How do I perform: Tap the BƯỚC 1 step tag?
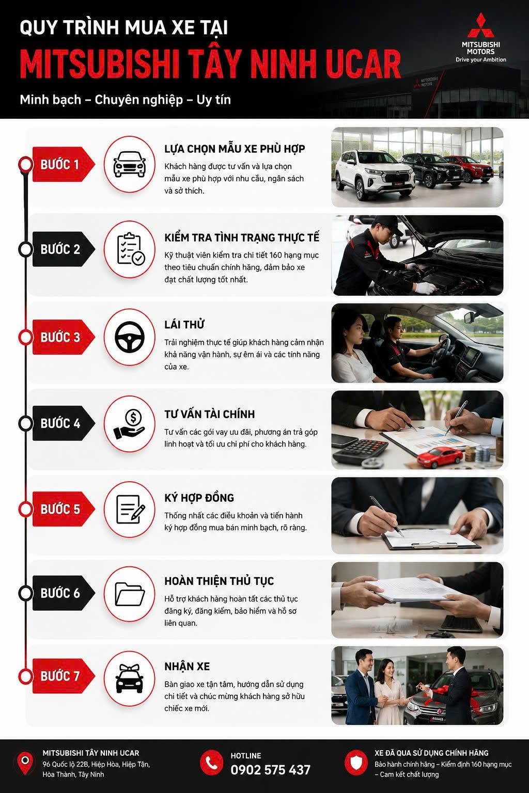[x=64, y=164]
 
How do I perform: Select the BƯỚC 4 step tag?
[x=64, y=423]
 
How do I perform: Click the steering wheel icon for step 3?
[x=130, y=337]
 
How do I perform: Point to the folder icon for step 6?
[x=130, y=594]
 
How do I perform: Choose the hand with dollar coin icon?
[x=129, y=424]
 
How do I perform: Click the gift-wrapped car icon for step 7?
[x=130, y=678]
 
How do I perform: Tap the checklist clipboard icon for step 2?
[x=130, y=249]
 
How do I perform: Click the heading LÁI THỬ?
[x=184, y=324]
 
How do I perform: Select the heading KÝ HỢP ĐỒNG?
[x=199, y=498]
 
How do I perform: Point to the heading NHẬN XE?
[x=187, y=667]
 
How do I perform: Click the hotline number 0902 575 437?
[x=270, y=770]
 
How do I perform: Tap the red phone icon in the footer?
[x=211, y=763]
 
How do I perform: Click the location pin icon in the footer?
[x=25, y=763]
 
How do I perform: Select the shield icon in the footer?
[x=356, y=763]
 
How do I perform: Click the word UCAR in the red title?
[x=363, y=64]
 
